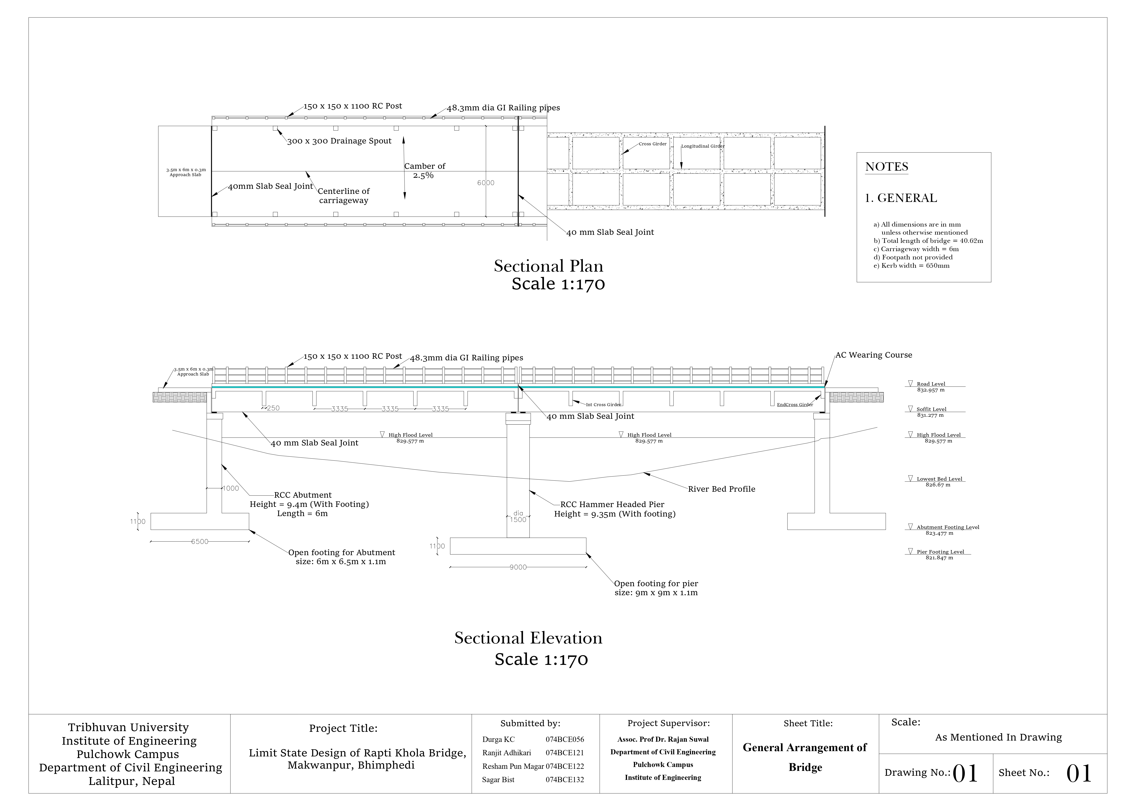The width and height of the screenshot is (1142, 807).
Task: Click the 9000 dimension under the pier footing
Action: pos(518,567)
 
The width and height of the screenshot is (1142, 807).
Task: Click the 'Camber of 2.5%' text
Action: pos(424,171)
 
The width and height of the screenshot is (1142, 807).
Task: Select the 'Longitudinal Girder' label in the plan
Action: pos(702,146)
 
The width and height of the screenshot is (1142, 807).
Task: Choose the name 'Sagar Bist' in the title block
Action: pos(498,780)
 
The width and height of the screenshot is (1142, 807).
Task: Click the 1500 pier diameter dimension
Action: pos(518,520)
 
